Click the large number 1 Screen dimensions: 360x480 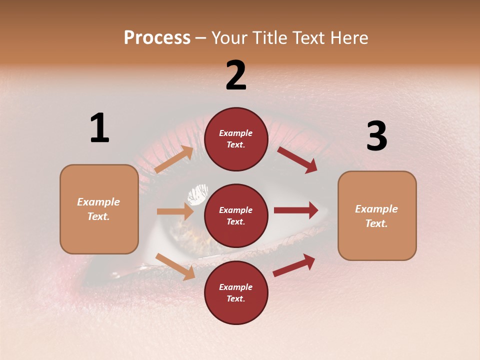tap(99, 128)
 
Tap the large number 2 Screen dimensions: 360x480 tap(236, 75)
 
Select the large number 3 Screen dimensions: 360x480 tap(376, 136)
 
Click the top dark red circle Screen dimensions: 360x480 tap(236, 139)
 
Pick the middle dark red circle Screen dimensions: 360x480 tap(236, 215)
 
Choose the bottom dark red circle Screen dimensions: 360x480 tap(236, 292)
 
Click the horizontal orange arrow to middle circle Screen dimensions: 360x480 tap(175, 211)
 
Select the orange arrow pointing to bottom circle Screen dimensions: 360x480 tap(175, 266)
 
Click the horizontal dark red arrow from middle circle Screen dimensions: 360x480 tap(296, 210)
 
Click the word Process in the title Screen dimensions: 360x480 tap(157, 38)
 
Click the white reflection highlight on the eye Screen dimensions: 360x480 tap(198, 194)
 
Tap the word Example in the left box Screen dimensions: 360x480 tap(98, 202)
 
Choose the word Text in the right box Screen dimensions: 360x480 tap(376, 223)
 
